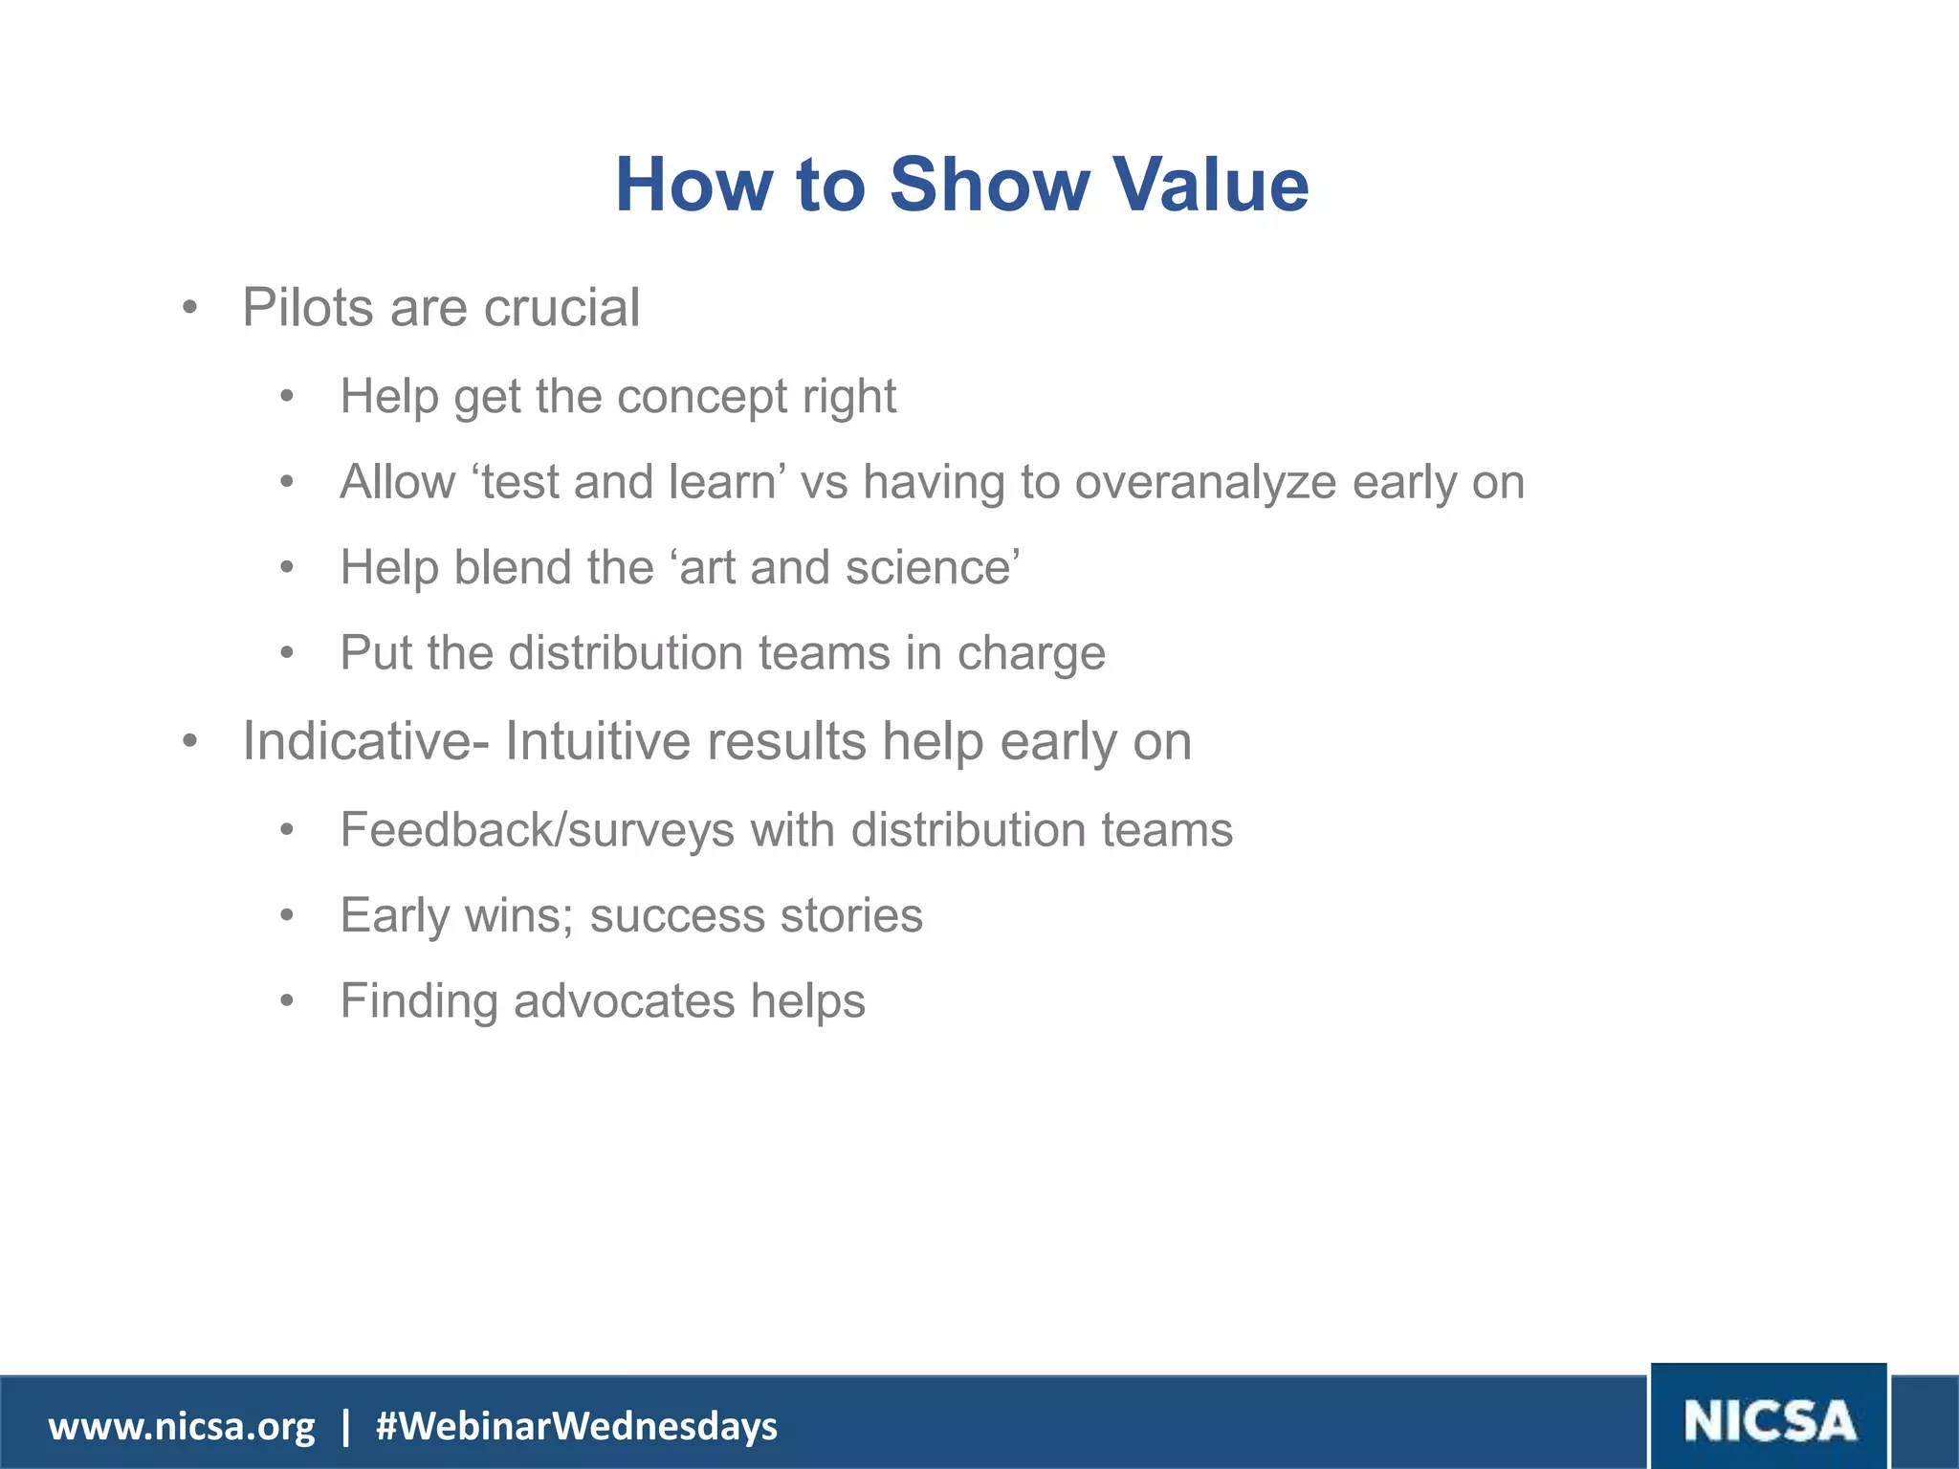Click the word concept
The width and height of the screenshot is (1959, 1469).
(x=699, y=396)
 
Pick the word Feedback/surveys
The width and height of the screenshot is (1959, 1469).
(x=537, y=829)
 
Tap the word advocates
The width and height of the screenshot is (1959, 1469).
(x=624, y=1001)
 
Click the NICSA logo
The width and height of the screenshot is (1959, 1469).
(x=1769, y=1420)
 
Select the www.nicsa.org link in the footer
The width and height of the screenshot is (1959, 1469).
(x=182, y=1426)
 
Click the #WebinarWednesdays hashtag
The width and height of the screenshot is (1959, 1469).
(x=577, y=1426)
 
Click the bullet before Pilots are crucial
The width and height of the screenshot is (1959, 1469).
(x=189, y=309)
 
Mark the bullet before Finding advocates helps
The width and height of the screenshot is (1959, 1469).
(x=287, y=1001)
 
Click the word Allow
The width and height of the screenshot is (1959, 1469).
(x=397, y=482)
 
